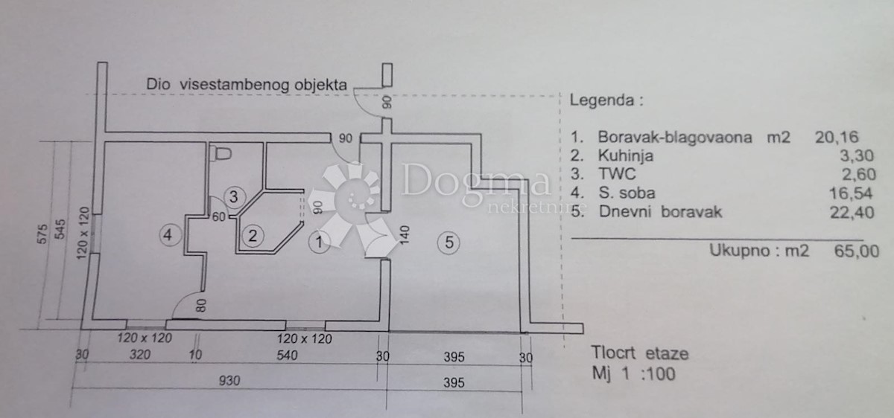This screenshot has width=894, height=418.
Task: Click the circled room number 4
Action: [x=171, y=235]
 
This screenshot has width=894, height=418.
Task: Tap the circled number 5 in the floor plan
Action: [x=448, y=242]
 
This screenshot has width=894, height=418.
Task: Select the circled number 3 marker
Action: [x=234, y=197]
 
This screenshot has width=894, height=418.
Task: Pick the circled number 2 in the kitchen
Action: [x=253, y=236]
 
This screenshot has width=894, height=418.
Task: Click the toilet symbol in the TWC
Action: [x=221, y=153]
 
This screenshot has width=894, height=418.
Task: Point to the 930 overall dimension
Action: [x=229, y=381]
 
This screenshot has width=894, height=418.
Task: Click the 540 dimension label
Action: [x=287, y=355]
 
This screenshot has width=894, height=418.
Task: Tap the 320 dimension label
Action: [x=140, y=354]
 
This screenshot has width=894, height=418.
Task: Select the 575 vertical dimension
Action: [x=42, y=234]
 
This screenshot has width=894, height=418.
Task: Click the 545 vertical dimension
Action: [x=60, y=229]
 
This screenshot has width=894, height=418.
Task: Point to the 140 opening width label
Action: [x=405, y=235]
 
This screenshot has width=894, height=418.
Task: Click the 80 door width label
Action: [x=202, y=306]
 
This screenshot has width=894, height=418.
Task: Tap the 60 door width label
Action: [x=219, y=216]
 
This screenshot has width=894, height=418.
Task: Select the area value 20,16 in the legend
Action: [x=837, y=138]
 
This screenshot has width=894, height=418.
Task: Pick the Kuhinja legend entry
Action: [x=625, y=155]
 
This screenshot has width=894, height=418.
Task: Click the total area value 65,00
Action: [x=857, y=251]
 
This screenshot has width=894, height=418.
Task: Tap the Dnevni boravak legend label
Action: [x=661, y=212]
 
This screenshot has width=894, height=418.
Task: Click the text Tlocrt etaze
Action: [x=640, y=353]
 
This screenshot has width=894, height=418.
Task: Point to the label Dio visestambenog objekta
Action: [x=247, y=85]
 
